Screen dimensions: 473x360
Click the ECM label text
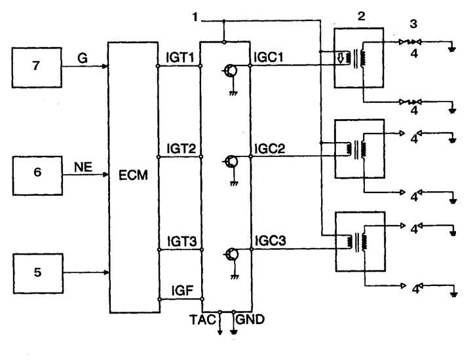click(x=133, y=175)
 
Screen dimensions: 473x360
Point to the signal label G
click(x=83, y=58)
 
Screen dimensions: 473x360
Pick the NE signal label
click(x=83, y=167)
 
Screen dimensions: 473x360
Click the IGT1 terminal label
click(x=180, y=58)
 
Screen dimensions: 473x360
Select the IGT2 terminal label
click(x=181, y=149)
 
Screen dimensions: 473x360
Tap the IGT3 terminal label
click(x=182, y=242)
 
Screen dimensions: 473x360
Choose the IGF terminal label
click(x=182, y=291)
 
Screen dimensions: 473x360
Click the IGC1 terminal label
click(x=269, y=58)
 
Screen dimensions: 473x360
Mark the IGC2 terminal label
click(x=270, y=149)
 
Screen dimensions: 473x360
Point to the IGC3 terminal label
click(x=271, y=241)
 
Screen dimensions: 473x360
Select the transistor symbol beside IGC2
click(x=232, y=162)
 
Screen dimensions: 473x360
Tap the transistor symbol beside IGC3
click(x=233, y=255)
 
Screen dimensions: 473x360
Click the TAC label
click(x=202, y=320)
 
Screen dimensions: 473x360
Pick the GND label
click(x=250, y=319)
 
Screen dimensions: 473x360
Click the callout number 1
click(x=195, y=17)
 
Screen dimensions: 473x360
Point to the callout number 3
click(x=413, y=24)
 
